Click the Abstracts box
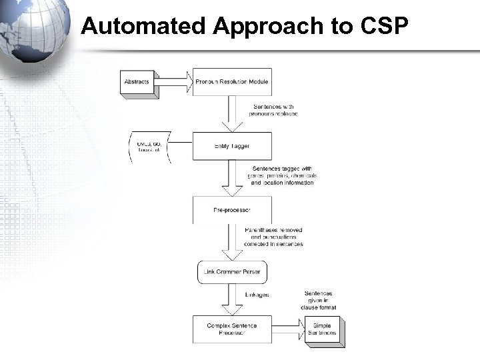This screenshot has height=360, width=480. (x=137, y=82)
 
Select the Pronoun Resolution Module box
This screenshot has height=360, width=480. (x=231, y=82)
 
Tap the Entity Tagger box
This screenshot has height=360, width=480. (x=231, y=145)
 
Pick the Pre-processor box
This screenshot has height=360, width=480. (x=231, y=209)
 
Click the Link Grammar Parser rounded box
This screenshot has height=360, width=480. (x=231, y=272)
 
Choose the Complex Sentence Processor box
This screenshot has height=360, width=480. (x=231, y=329)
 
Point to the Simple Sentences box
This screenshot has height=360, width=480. (x=322, y=329)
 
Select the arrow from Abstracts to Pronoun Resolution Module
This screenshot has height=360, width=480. (x=175, y=82)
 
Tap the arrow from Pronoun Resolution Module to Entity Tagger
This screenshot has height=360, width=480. (x=232, y=113)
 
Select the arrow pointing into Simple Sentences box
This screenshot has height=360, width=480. (x=287, y=329)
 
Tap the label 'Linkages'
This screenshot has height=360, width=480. (x=257, y=295)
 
